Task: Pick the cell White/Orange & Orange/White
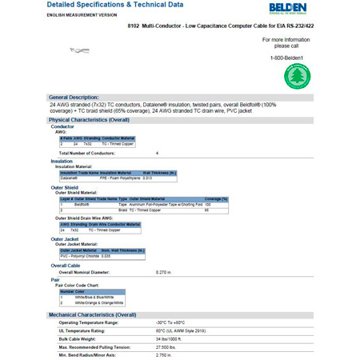click(99, 303)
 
